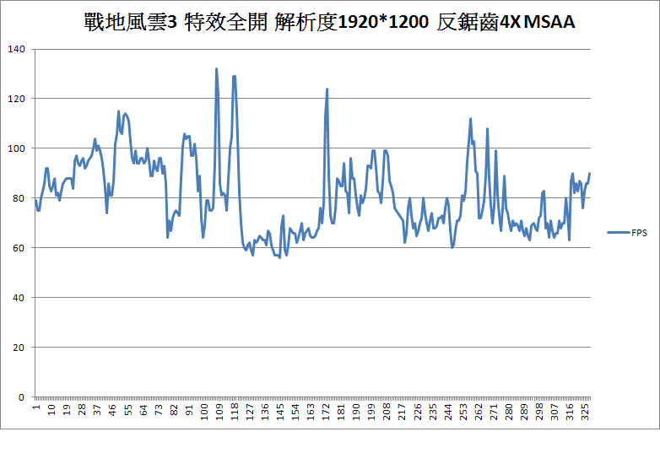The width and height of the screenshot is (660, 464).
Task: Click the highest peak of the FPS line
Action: click(x=216, y=69)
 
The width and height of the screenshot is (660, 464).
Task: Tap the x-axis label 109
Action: click(x=219, y=412)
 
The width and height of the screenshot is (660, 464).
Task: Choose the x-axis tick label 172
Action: click(x=326, y=412)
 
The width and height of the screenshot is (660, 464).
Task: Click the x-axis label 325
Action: click(x=586, y=412)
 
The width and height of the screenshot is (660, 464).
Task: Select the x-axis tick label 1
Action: click(x=35, y=408)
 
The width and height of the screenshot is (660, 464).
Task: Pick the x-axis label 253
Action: click(x=463, y=412)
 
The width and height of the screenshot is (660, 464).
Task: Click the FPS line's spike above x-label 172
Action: click(x=327, y=89)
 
